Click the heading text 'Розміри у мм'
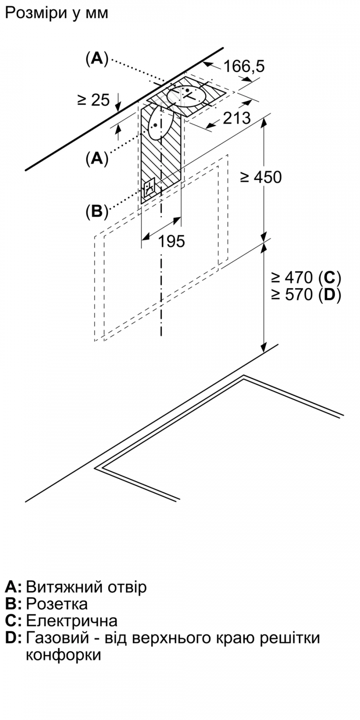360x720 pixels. (x=57, y=13)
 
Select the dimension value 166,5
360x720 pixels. (x=244, y=66)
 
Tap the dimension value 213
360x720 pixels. (x=236, y=118)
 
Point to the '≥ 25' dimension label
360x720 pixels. (x=93, y=100)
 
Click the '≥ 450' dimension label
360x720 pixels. (x=261, y=177)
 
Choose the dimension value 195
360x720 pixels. (x=172, y=241)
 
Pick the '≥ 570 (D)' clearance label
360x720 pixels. (x=306, y=294)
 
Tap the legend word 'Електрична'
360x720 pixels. (x=72, y=620)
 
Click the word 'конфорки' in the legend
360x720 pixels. (x=63, y=655)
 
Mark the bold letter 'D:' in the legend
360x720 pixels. (x=13, y=638)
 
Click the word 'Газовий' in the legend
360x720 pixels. (x=58, y=638)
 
